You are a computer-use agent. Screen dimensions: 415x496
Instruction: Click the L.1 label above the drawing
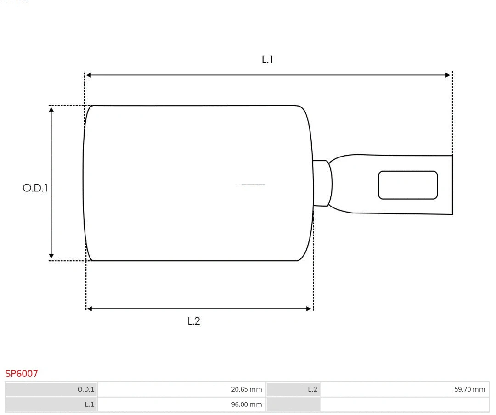(267, 59)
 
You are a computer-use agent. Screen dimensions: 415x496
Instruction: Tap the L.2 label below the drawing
(194, 321)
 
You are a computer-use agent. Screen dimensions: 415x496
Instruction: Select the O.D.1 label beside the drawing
(35, 188)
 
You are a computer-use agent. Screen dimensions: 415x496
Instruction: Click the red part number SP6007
(22, 374)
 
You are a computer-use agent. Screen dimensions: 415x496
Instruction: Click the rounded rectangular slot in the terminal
(408, 185)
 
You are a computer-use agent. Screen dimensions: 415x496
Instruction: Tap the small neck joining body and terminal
(321, 183)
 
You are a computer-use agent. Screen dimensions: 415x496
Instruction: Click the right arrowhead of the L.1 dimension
(448, 75)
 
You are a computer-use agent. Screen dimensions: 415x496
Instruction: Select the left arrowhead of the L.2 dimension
(90, 309)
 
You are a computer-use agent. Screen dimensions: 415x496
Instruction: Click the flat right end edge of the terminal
(452, 185)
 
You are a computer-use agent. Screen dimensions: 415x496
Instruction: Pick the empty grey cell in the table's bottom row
(293, 404)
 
